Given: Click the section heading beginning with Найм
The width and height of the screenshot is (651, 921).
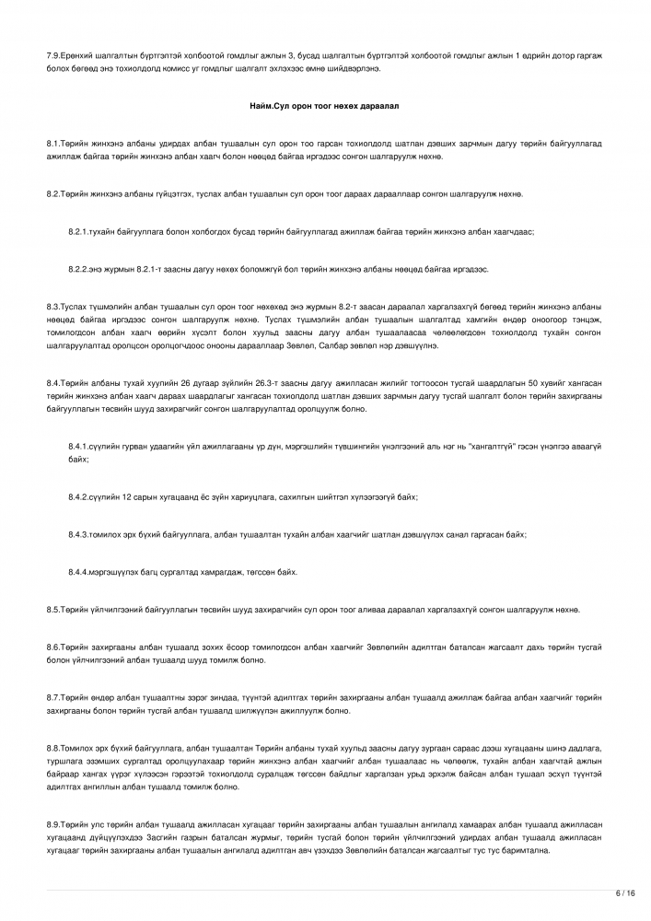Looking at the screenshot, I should (324, 107).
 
